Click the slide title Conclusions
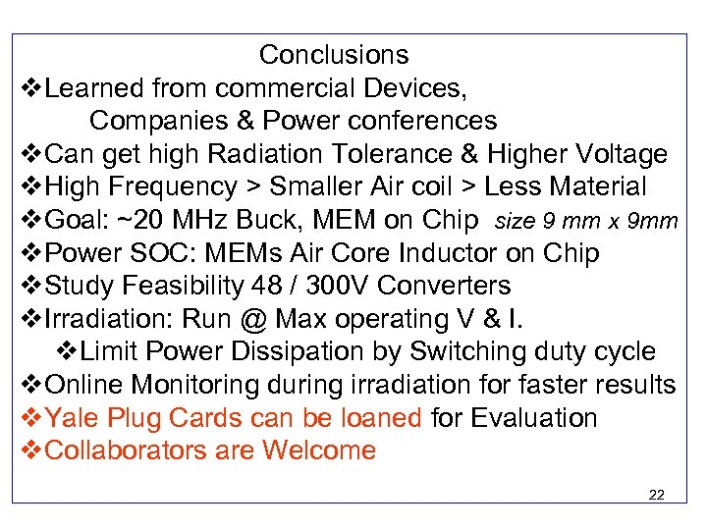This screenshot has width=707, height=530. [x=334, y=55]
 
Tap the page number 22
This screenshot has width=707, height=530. [x=657, y=495]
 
